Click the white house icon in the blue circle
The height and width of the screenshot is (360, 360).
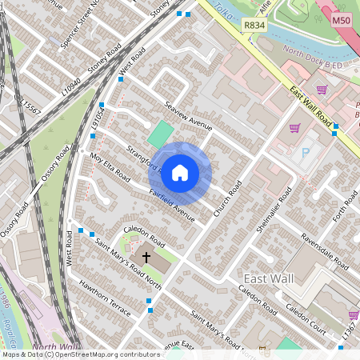(180, 172)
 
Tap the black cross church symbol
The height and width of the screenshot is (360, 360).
(146, 258)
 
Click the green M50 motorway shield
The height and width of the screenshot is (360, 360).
(341, 20)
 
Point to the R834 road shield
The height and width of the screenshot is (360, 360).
(254, 26)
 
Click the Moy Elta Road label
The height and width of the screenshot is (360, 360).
(110, 166)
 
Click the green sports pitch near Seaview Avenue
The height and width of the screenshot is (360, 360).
(161, 132)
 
